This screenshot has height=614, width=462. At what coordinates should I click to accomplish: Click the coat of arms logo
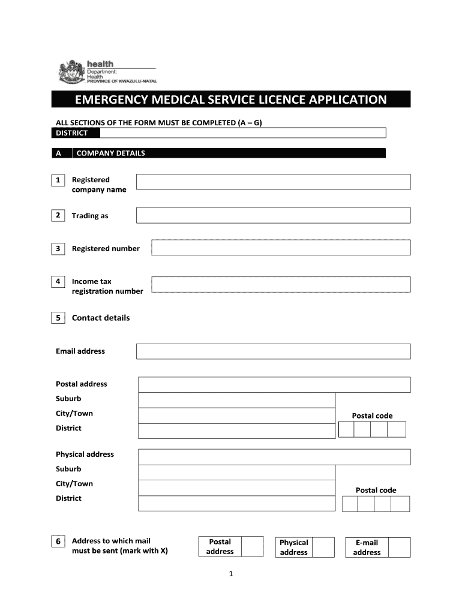point(70,72)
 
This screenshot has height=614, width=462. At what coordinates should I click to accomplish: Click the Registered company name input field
point(273,182)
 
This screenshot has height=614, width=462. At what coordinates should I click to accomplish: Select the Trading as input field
point(273,215)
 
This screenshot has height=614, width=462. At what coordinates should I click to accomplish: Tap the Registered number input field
point(281,248)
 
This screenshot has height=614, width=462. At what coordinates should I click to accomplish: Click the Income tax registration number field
point(281,284)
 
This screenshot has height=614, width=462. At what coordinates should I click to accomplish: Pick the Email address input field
point(273,351)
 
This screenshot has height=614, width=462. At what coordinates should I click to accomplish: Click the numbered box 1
point(58,180)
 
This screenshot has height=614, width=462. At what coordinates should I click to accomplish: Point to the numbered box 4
point(58,281)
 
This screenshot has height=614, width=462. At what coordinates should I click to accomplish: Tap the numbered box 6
point(58,541)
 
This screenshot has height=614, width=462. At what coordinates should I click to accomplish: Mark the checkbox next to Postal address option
point(252,546)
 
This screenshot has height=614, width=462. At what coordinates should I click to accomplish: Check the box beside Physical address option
point(324,547)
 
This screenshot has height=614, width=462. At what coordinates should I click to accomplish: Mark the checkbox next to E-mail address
point(399,547)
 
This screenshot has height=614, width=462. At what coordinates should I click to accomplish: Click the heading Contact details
point(100,318)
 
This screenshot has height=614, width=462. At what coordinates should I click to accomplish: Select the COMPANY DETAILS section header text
point(110,153)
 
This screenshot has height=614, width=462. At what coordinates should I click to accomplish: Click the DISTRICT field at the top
point(242,133)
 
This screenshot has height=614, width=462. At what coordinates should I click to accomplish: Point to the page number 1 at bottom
point(230,574)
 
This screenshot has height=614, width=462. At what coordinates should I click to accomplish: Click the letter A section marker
point(58,153)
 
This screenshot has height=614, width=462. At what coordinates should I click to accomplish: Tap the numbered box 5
point(58,318)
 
